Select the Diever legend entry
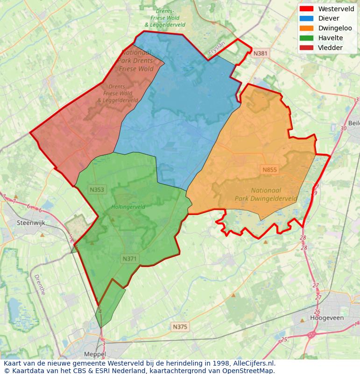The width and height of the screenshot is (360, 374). coord(329,19)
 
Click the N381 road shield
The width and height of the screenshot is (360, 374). coord(260,53)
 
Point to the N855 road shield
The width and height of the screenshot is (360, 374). coord(269,170)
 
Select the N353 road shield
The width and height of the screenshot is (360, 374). coord(97,189)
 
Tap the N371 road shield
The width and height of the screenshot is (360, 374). coord(130,259)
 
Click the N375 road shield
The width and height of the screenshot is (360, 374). coord(180,327)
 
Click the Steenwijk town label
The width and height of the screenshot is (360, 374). coord(31,223)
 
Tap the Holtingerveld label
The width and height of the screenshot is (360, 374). coord(128,207)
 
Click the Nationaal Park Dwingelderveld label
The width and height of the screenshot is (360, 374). coord(266,194)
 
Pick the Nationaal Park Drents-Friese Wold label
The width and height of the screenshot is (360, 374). coord(136,61)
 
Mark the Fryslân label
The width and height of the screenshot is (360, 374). coord(217,49)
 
